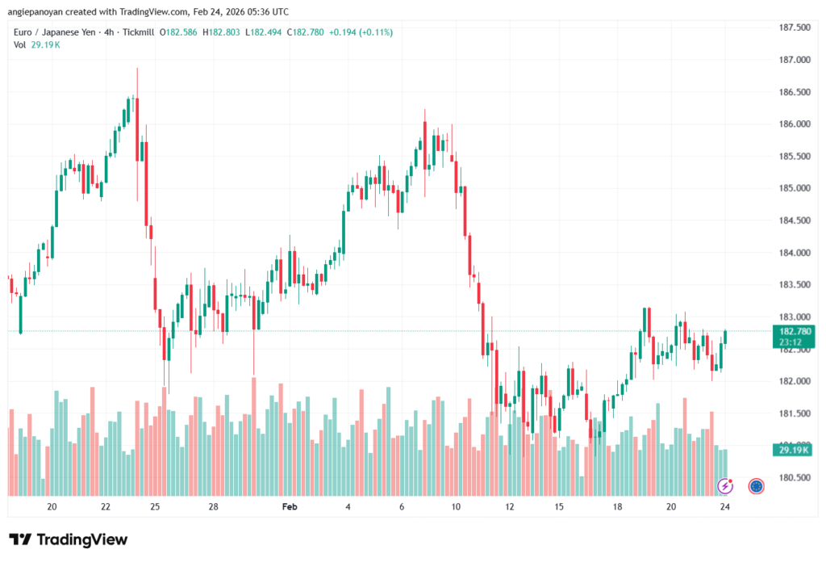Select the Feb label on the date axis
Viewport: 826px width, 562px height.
[290, 507]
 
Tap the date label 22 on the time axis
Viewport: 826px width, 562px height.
[106, 507]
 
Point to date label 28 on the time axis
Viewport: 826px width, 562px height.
[213, 507]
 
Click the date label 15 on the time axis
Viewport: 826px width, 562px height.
[558, 507]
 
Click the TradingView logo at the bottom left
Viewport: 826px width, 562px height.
[68, 539]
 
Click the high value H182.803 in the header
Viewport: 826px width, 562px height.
[222, 32]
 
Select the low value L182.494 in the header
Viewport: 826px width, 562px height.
[269, 32]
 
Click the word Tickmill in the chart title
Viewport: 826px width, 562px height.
[138, 32]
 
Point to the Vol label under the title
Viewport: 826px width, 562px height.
[19, 44]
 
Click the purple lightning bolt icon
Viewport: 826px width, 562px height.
[725, 485]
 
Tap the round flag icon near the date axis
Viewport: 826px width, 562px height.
[756, 485]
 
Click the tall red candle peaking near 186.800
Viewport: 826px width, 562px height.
[137, 145]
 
